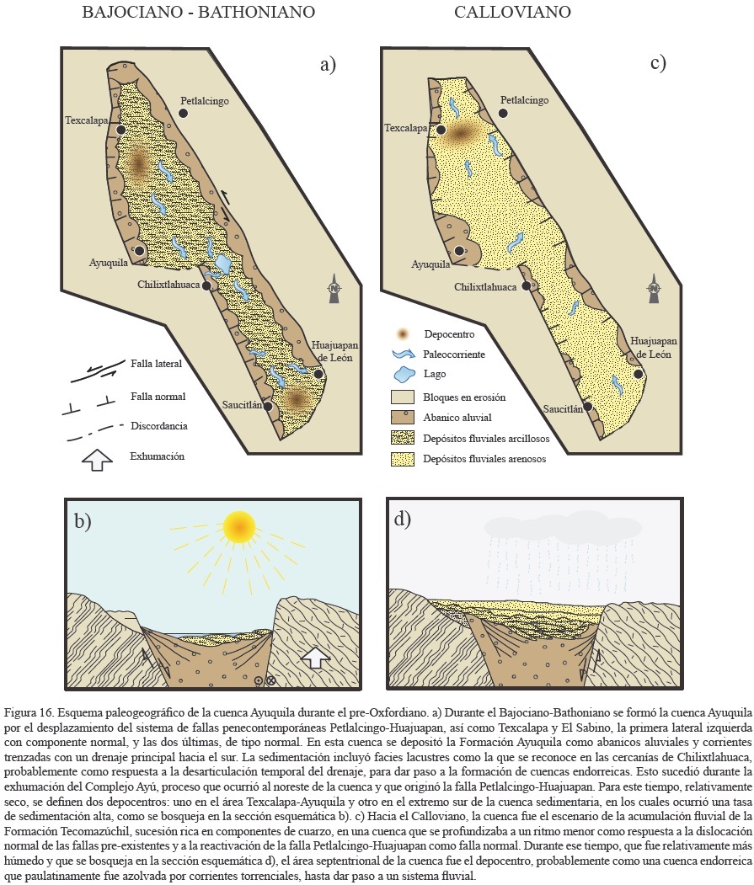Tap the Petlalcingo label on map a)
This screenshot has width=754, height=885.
tap(217, 102)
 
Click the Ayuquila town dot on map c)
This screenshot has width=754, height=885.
tap(459, 251)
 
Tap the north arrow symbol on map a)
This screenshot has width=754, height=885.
tap(334, 286)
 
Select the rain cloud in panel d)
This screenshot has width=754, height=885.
tap(538, 526)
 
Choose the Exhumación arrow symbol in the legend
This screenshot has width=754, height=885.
tap(99, 458)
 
